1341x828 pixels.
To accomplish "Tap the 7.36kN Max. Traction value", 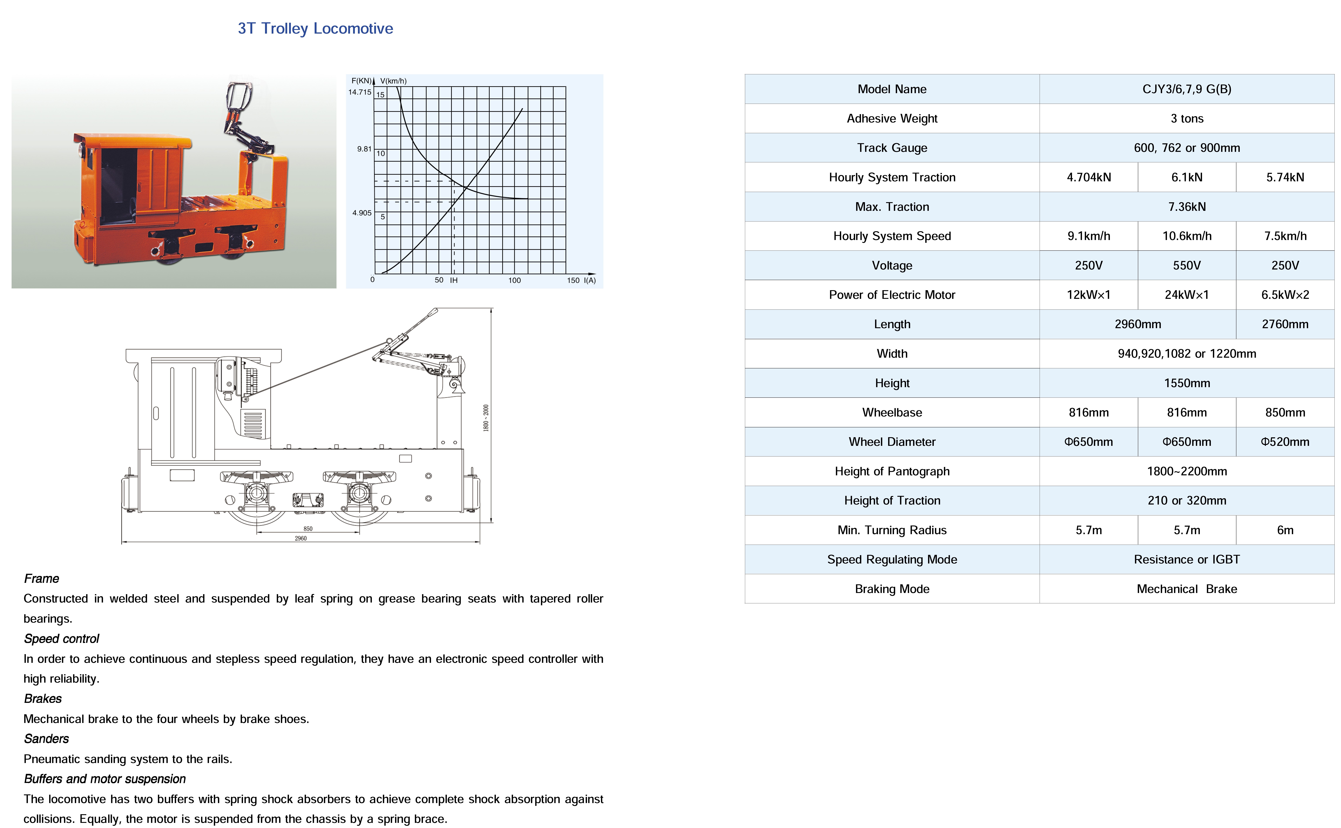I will [x=1186, y=206].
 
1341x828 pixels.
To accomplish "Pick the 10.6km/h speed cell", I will [x=1186, y=236].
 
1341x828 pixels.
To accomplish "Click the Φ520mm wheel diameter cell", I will [x=1285, y=442].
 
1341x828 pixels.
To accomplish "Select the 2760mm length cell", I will [x=1285, y=324].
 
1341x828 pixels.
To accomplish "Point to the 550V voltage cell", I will [x=1186, y=266].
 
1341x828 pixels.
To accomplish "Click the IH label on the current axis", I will [x=454, y=280].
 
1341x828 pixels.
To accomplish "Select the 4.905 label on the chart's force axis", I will [x=362, y=213].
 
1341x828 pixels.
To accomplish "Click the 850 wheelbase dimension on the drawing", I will [x=308, y=528].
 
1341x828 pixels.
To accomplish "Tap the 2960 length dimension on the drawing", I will [x=301, y=538].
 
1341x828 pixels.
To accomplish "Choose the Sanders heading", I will [x=47, y=739].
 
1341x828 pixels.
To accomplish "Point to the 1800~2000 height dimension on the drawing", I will [x=485, y=418].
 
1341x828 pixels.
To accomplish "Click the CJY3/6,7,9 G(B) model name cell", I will [x=1186, y=89].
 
